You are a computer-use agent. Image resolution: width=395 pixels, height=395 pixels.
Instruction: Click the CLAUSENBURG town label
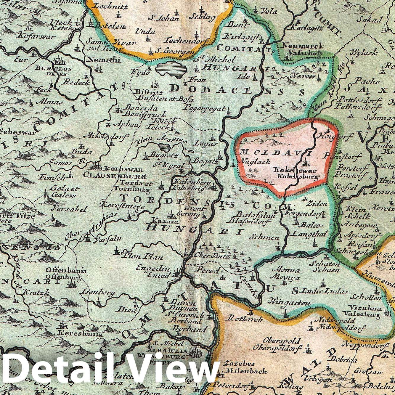pyautogui.click(x=115, y=176)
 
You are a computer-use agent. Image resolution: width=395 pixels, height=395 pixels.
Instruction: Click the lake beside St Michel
pyautogui.click(x=171, y=69)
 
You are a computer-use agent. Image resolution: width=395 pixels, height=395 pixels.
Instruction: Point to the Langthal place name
pyautogui.click(x=306, y=234)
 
